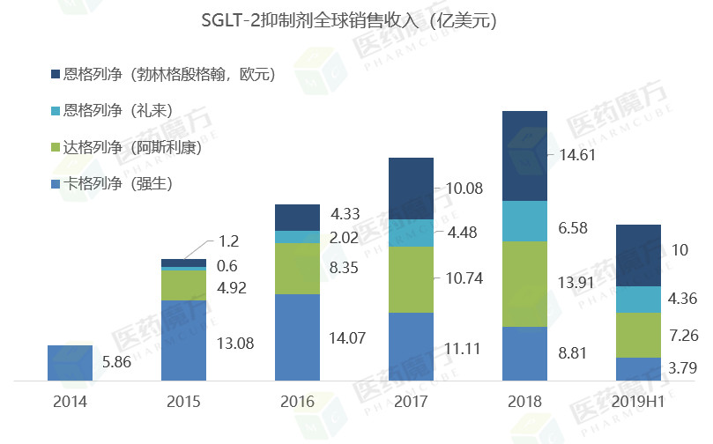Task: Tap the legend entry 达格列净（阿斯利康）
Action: (127, 147)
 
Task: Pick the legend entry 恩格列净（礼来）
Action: (109, 111)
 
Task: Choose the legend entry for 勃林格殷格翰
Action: (163, 75)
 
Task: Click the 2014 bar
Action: (70, 363)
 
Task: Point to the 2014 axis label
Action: (70, 402)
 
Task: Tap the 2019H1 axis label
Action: (639, 402)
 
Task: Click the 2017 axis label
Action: (411, 402)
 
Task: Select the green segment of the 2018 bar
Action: (524, 284)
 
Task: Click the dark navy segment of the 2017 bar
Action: (411, 189)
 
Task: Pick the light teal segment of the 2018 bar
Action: (524, 220)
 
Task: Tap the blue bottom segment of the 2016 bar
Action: (297, 337)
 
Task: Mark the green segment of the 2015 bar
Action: (183, 285)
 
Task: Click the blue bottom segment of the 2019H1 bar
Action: (639, 369)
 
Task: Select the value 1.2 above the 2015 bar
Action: (228, 240)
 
